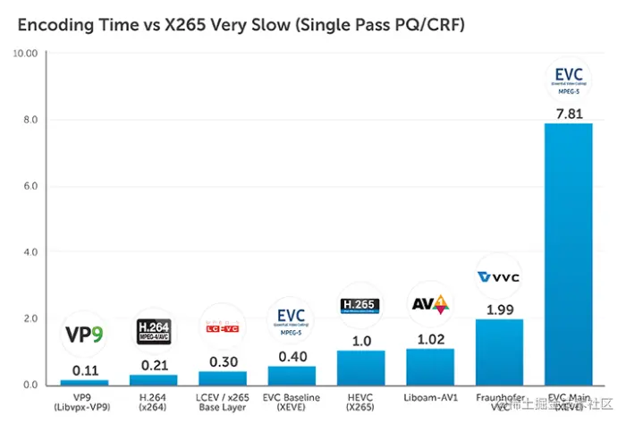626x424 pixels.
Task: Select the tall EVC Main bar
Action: tap(568, 254)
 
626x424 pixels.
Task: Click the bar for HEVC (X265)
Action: tap(360, 367)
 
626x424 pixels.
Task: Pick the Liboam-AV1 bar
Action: tap(430, 366)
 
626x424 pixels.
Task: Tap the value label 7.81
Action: tap(568, 113)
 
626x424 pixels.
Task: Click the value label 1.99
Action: tap(499, 309)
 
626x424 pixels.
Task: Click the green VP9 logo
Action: tap(84, 335)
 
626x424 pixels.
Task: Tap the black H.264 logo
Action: tap(153, 331)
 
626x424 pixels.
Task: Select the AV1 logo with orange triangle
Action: tap(430, 305)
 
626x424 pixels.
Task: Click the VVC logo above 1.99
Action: tap(499, 277)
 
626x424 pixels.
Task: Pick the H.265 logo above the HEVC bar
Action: tap(360, 307)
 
